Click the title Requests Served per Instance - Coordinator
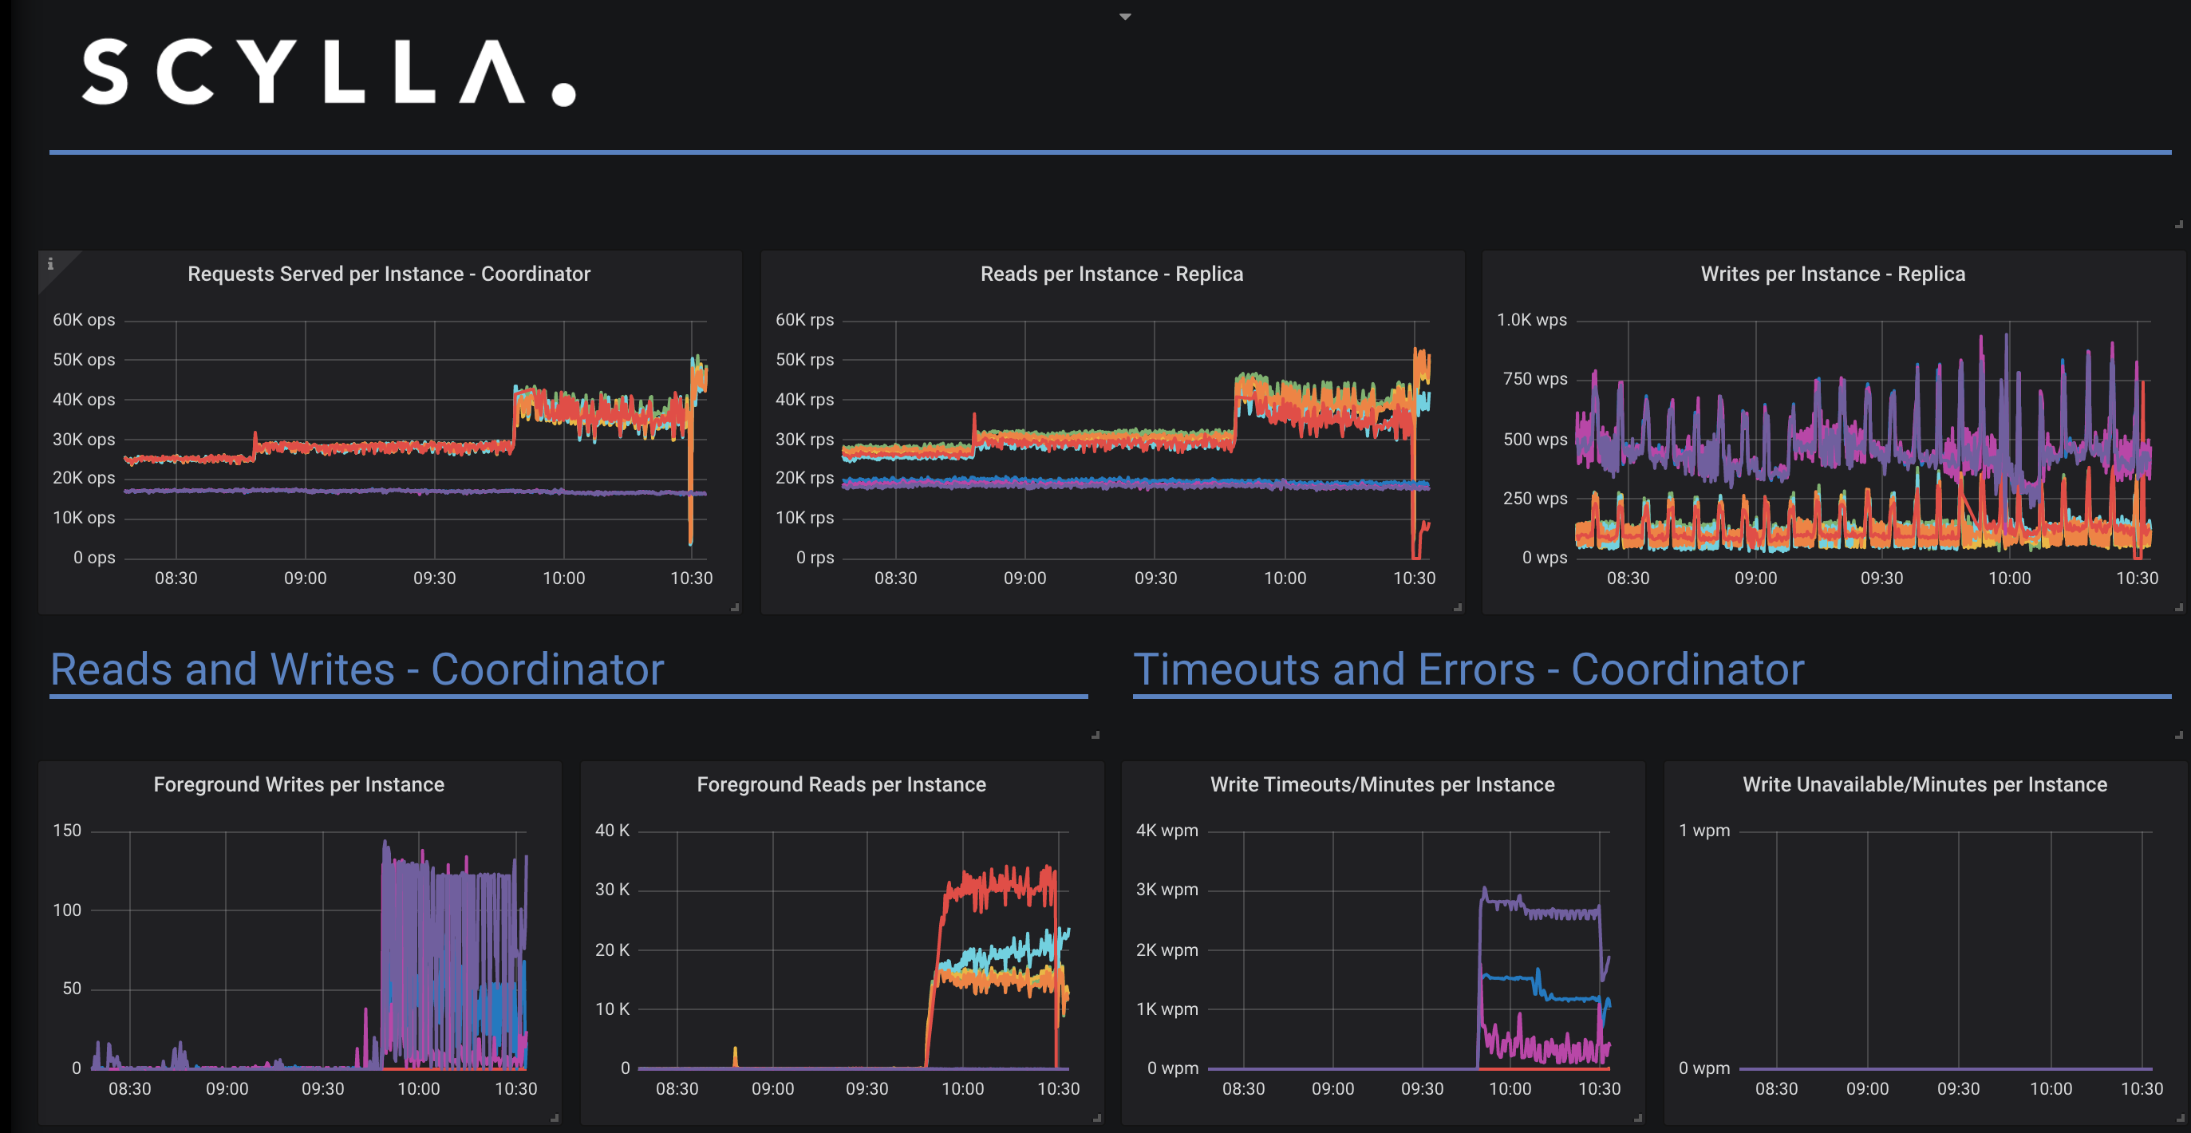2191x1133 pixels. tap(389, 274)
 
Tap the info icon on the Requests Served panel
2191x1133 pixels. tap(50, 263)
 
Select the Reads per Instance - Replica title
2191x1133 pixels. tap(1111, 274)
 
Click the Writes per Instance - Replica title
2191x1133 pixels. tap(1832, 274)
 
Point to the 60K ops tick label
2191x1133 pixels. tap(83, 320)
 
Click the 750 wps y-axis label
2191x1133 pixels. tap(1534, 378)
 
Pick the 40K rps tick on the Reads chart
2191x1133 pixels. tap(803, 399)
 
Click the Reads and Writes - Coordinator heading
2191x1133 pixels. tap(357, 669)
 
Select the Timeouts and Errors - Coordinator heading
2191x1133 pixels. tap(1468, 669)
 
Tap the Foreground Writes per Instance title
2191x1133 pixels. tap(298, 784)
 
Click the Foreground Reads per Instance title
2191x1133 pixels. tap(841, 784)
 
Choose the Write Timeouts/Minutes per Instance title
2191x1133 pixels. tap(1382, 784)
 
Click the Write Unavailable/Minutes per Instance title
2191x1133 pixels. tap(1924, 784)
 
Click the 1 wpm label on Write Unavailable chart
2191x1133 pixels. tap(1703, 830)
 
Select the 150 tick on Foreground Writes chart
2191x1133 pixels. tap(67, 830)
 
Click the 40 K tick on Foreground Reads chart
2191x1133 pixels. tap(613, 830)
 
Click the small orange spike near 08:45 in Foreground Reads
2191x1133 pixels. tap(735, 1056)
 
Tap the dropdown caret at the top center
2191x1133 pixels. tap(1124, 16)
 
